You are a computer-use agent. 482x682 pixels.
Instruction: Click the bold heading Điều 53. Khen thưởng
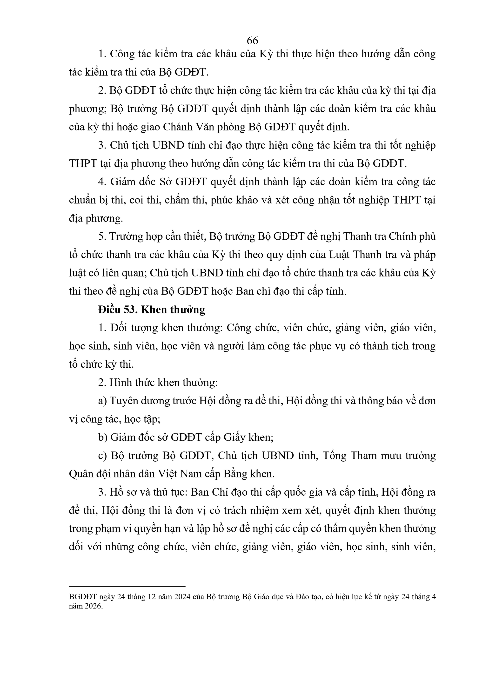point(151,310)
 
